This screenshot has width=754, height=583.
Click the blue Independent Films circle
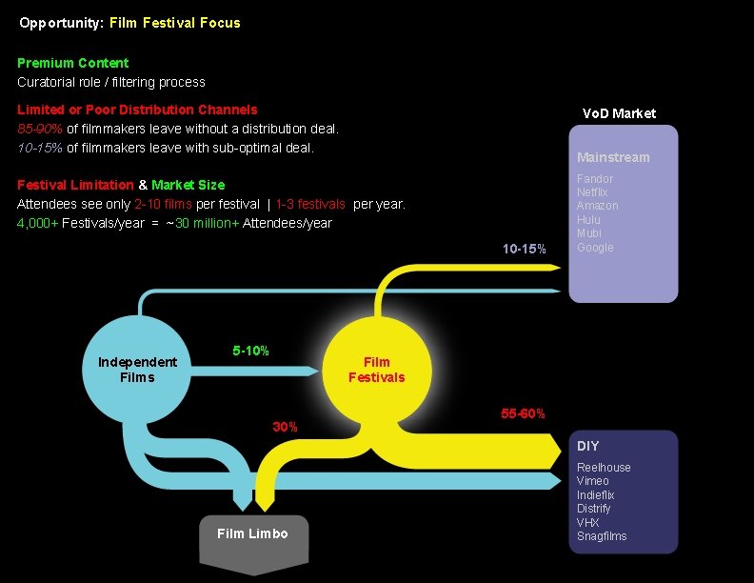coord(137,370)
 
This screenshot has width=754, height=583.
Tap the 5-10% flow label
coord(250,351)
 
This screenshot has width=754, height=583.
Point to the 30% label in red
coord(286,427)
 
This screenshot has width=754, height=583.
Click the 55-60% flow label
coord(523,413)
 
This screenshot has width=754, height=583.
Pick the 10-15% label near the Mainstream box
coord(525,249)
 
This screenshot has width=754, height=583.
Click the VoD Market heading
coord(619,113)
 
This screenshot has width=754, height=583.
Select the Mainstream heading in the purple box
coord(613,157)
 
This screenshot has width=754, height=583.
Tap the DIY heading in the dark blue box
coord(588,446)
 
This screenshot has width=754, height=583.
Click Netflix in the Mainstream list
coord(592,192)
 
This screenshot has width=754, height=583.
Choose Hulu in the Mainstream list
coord(588,220)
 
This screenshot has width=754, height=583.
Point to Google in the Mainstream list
coord(595,248)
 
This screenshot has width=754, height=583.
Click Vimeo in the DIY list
coord(594,481)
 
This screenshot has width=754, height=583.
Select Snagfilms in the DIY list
coord(602,536)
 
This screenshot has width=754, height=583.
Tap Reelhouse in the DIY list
coord(604,468)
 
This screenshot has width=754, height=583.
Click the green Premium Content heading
coord(72,63)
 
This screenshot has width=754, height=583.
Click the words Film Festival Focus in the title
coord(176,22)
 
